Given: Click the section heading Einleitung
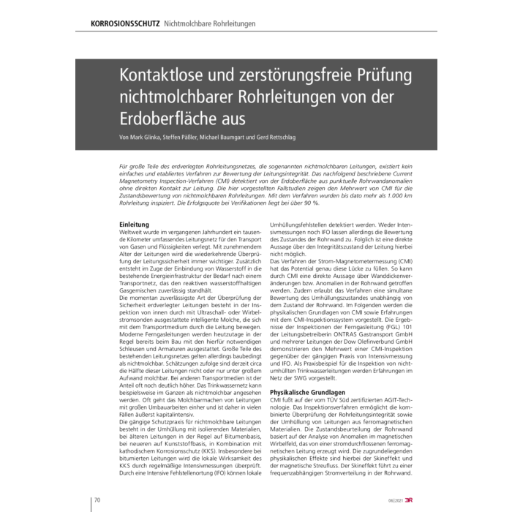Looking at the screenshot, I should (x=134, y=224).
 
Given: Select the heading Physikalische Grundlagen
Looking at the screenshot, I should (x=308, y=393).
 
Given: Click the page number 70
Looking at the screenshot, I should (x=97, y=500).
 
